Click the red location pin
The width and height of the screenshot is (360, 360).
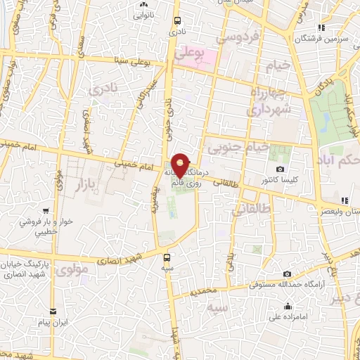[x=181, y=165]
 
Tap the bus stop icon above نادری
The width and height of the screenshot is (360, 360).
[x=177, y=20]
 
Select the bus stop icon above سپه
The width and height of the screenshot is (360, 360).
[x=167, y=257]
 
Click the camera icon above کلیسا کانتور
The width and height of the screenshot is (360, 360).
[x=281, y=169]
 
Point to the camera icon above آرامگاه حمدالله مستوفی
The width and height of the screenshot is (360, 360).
[x=287, y=274]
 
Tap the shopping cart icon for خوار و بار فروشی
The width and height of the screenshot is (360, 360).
[x=45, y=210]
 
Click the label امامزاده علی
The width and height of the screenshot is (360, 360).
[x=288, y=317]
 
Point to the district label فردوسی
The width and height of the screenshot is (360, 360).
[x=241, y=34]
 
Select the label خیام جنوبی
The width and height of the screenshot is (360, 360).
[x=238, y=147]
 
